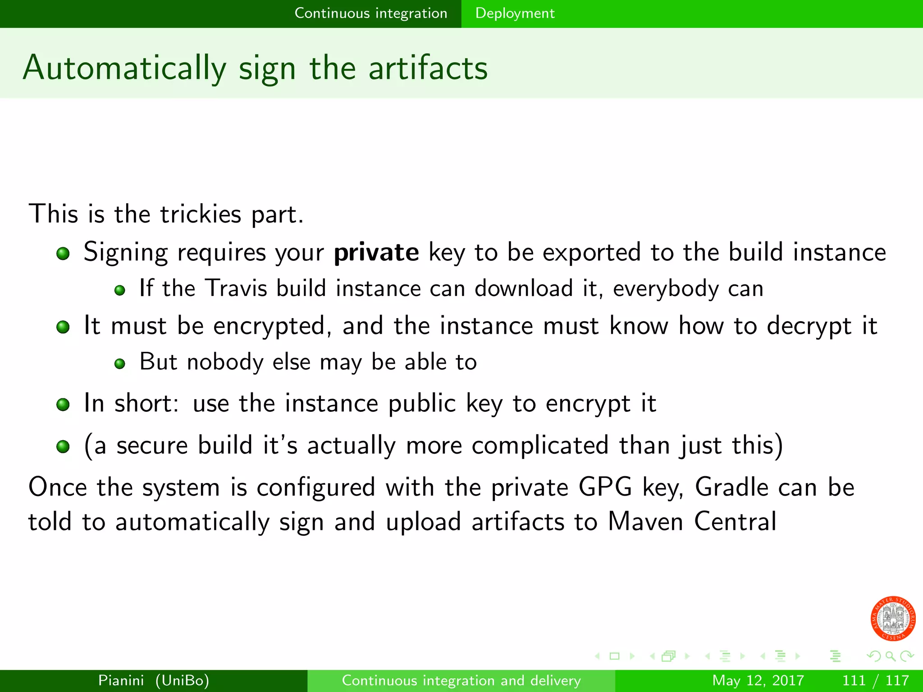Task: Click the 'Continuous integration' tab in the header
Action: tap(370, 14)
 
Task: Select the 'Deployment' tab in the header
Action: tap(515, 14)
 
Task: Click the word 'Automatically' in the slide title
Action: tap(124, 68)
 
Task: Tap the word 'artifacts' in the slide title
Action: tap(428, 68)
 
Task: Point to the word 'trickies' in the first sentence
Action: tap(201, 214)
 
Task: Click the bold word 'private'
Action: tap(376, 252)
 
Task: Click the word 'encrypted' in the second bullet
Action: tap(270, 326)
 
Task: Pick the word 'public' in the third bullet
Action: tap(422, 403)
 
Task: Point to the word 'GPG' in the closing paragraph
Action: tap(605, 487)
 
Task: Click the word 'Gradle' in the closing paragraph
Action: tap(731, 487)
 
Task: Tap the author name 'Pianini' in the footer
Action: tap(121, 680)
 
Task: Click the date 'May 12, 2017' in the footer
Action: tap(758, 680)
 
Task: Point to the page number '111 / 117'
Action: tap(875, 680)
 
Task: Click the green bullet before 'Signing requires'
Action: tap(63, 253)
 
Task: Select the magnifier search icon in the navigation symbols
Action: tap(890, 656)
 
